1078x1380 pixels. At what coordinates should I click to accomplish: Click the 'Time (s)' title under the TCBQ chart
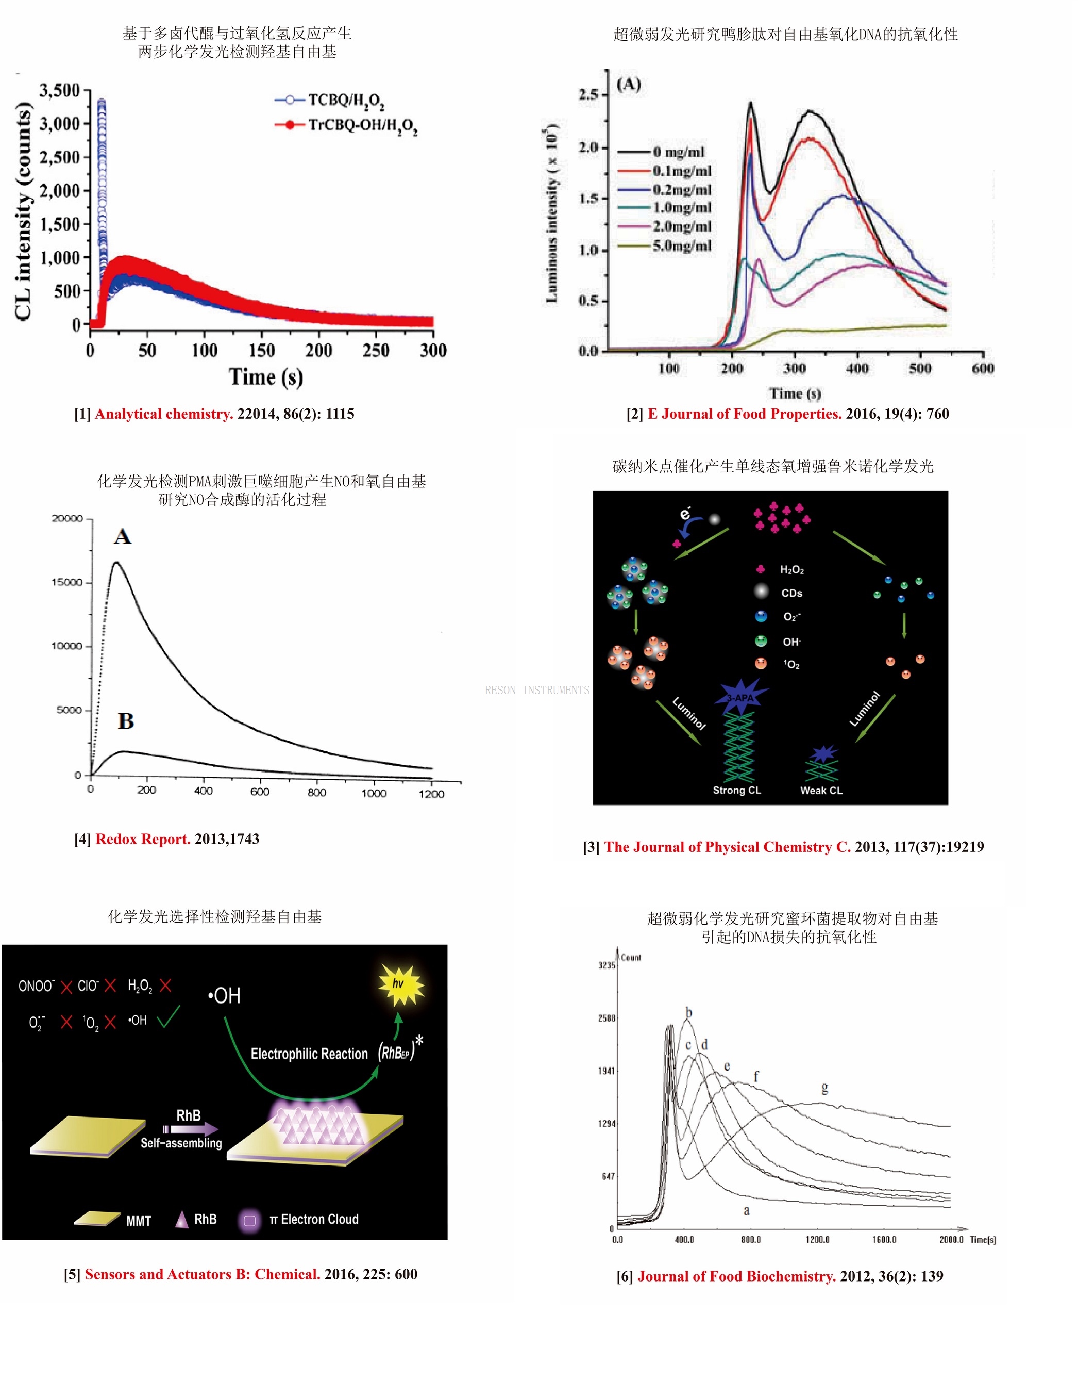click(266, 376)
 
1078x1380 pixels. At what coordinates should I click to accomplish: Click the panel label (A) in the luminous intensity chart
click(628, 85)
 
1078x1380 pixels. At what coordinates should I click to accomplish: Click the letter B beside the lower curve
click(126, 721)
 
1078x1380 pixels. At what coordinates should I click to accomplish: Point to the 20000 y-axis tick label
click(67, 519)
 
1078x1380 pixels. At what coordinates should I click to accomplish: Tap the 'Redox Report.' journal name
click(143, 839)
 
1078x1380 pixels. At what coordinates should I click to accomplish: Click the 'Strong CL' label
click(736, 791)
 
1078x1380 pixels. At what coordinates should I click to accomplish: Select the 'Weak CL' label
click(821, 791)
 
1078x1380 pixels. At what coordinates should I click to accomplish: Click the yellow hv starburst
click(400, 984)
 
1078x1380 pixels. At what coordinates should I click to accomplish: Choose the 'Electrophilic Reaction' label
click(309, 1054)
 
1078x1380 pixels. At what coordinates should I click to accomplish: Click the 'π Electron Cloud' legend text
click(314, 1220)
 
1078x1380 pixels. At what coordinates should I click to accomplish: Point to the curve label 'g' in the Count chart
click(824, 1088)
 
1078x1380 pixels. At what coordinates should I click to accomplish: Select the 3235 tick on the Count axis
click(607, 965)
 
